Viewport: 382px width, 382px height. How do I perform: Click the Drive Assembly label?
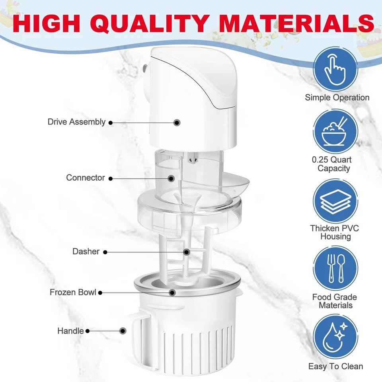pyautogui.click(x=76, y=122)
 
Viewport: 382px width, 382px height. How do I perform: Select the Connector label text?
pyautogui.click(x=86, y=178)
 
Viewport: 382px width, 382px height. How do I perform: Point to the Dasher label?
pyautogui.click(x=86, y=251)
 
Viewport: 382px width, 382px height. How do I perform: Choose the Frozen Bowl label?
pyautogui.click(x=73, y=292)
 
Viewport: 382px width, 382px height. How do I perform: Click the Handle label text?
pyautogui.click(x=70, y=331)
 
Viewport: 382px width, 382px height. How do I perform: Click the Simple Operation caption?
pyautogui.click(x=337, y=97)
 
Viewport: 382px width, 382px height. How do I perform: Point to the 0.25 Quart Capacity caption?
pyautogui.click(x=334, y=164)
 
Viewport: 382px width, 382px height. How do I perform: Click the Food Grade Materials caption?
pyautogui.click(x=334, y=301)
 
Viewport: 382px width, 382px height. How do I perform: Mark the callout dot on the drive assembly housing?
pyautogui.click(x=177, y=123)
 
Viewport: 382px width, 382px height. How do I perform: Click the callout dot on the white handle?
pyautogui.click(x=123, y=331)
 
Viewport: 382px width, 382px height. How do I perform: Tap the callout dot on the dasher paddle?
pyautogui.click(x=186, y=251)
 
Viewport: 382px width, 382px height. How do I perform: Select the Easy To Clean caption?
pyautogui.click(x=335, y=366)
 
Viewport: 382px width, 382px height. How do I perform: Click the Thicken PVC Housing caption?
pyautogui.click(x=334, y=232)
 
